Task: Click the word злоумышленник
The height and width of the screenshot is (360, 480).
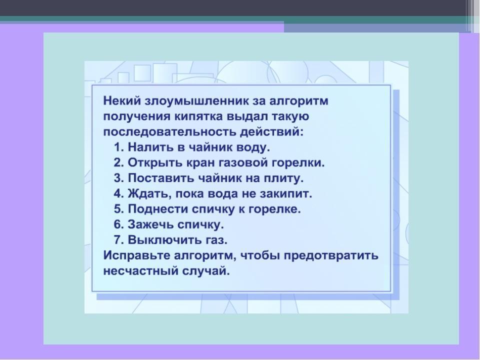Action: pos(196,100)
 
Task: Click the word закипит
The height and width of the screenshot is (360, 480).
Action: pos(285,193)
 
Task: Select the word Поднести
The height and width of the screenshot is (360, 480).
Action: pos(158,209)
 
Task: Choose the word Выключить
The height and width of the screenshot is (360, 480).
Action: pos(164,239)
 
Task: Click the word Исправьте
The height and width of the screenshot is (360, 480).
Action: pos(136,255)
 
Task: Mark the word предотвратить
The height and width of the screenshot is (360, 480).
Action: pos(331,255)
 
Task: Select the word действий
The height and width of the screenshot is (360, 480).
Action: pos(272,132)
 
